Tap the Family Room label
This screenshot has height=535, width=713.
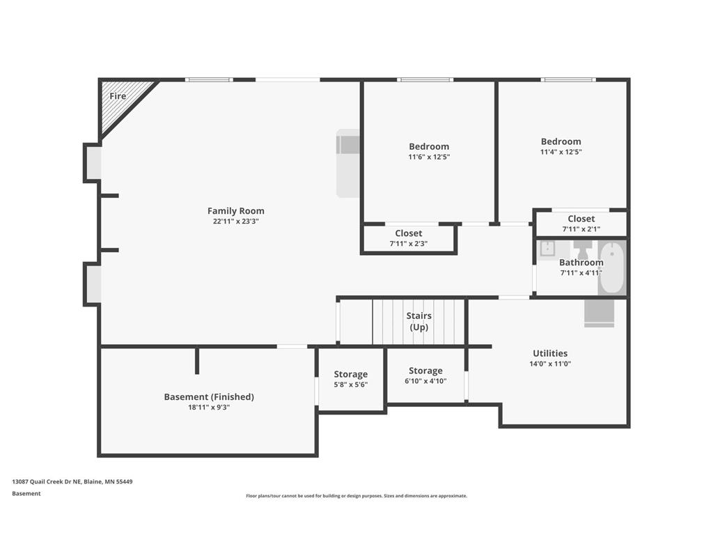pyautogui.click(x=236, y=211)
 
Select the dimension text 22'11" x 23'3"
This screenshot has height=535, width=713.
pyautogui.click(x=236, y=222)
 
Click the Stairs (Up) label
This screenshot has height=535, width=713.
pyautogui.click(x=418, y=321)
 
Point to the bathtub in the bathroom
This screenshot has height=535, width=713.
pyautogui.click(x=612, y=267)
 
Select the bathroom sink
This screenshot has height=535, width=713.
pyautogui.click(x=547, y=249)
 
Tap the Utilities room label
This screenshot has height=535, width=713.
pyautogui.click(x=550, y=353)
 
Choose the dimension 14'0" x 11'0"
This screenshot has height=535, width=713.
pyautogui.click(x=550, y=364)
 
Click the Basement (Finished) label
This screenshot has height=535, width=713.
pyautogui.click(x=209, y=397)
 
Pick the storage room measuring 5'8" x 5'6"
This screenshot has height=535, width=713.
pyautogui.click(x=350, y=379)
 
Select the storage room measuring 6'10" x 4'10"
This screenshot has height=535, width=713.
pyautogui.click(x=425, y=375)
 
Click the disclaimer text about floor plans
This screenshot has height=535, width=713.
pyautogui.click(x=356, y=496)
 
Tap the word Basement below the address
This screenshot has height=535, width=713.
pyautogui.click(x=26, y=494)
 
